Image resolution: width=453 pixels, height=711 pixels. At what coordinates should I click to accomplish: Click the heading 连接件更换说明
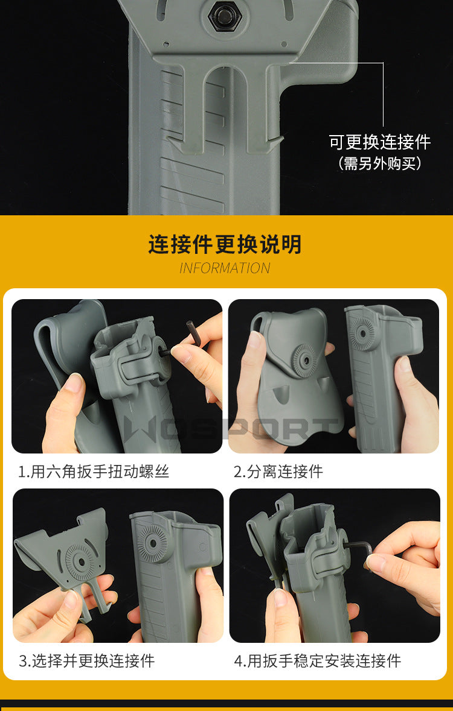click(225, 244)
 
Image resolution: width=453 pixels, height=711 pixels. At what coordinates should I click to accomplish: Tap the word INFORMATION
click(225, 268)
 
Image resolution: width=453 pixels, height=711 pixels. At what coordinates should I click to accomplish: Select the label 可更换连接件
click(380, 142)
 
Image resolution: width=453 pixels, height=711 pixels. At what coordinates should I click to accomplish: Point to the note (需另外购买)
click(380, 163)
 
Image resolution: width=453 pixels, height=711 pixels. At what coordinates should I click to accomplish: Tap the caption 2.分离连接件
click(278, 472)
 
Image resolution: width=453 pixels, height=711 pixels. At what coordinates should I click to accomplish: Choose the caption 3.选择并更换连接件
click(87, 661)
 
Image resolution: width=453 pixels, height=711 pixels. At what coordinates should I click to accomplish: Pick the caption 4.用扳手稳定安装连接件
click(318, 661)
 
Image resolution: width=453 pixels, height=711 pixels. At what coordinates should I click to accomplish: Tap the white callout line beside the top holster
click(383, 94)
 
